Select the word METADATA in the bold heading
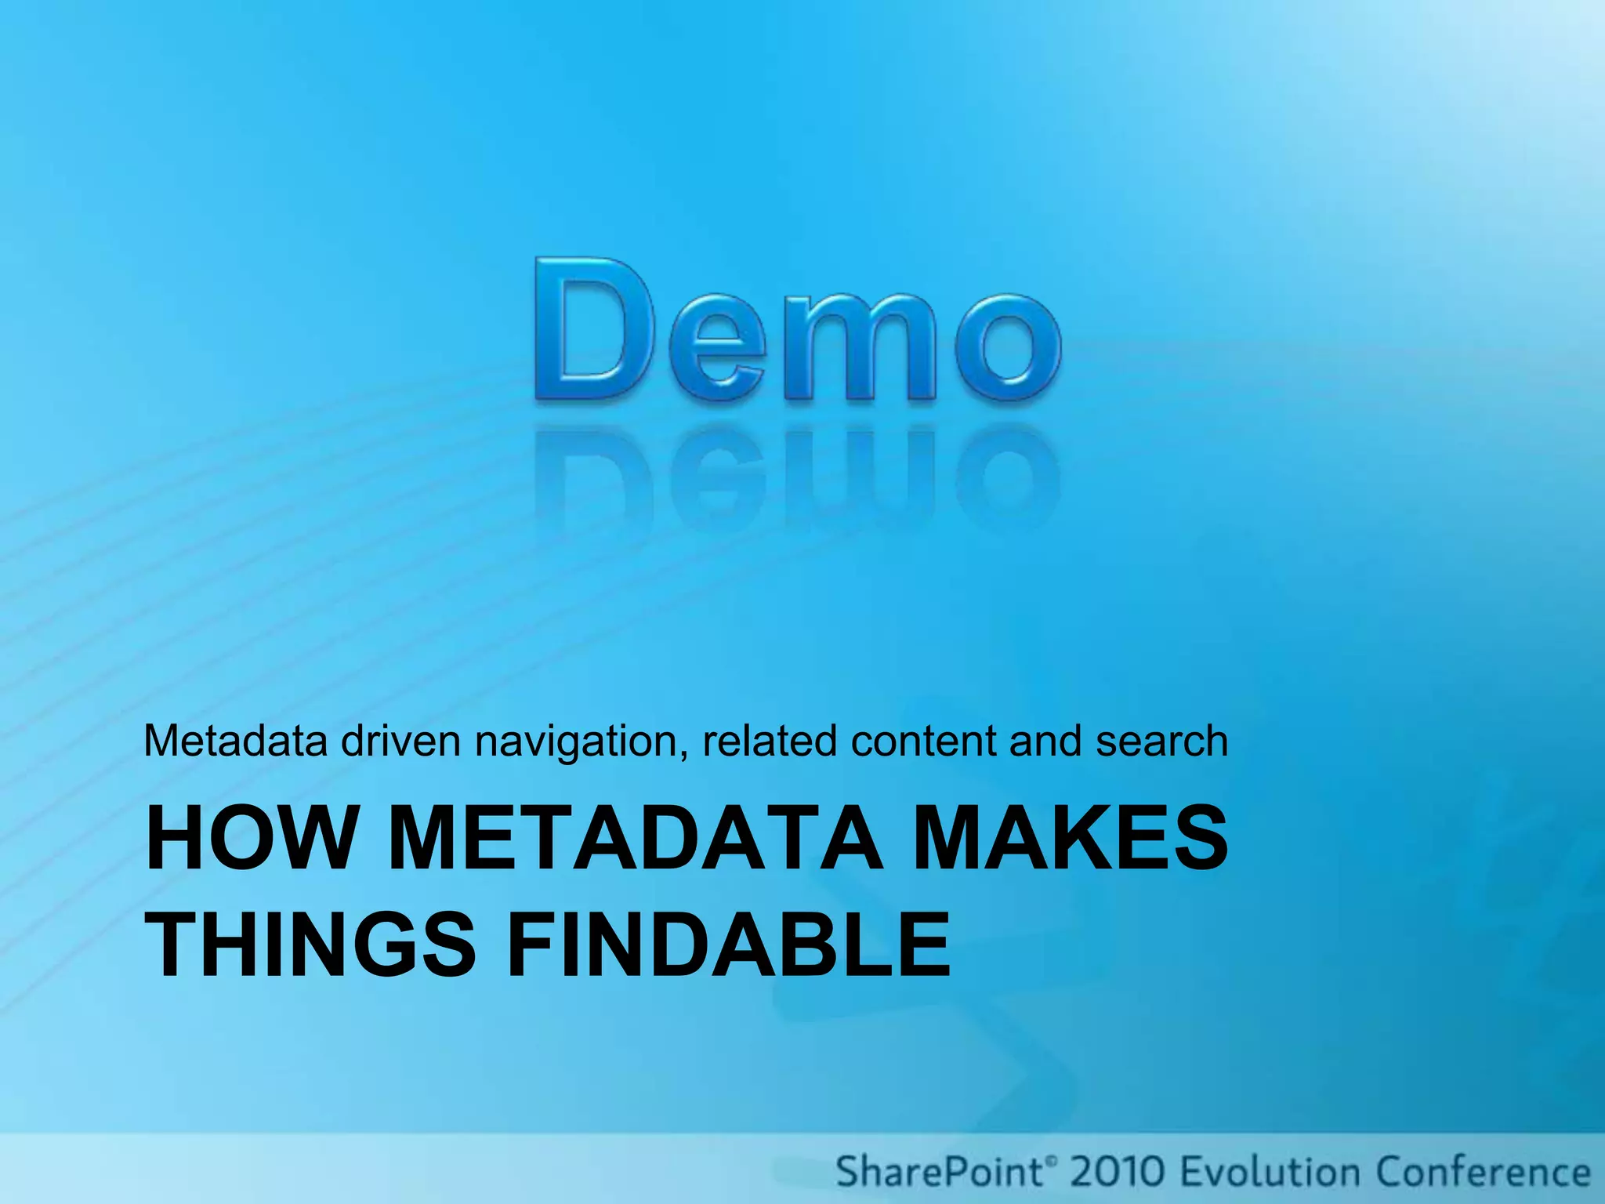click(635, 839)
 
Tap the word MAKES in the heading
click(1070, 839)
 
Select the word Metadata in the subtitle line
click(236, 741)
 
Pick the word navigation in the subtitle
click(581, 742)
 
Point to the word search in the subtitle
click(1161, 741)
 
